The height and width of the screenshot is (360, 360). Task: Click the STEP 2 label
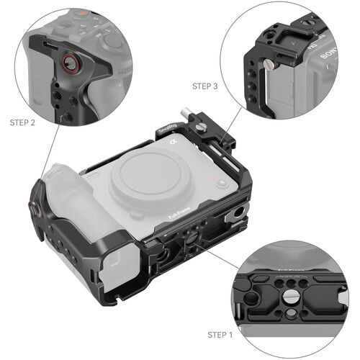(x=23, y=123)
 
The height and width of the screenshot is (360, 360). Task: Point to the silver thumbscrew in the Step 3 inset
(x=269, y=66)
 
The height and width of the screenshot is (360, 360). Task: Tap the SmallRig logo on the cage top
(x=168, y=130)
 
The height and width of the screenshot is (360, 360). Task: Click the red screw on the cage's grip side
(x=33, y=209)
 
